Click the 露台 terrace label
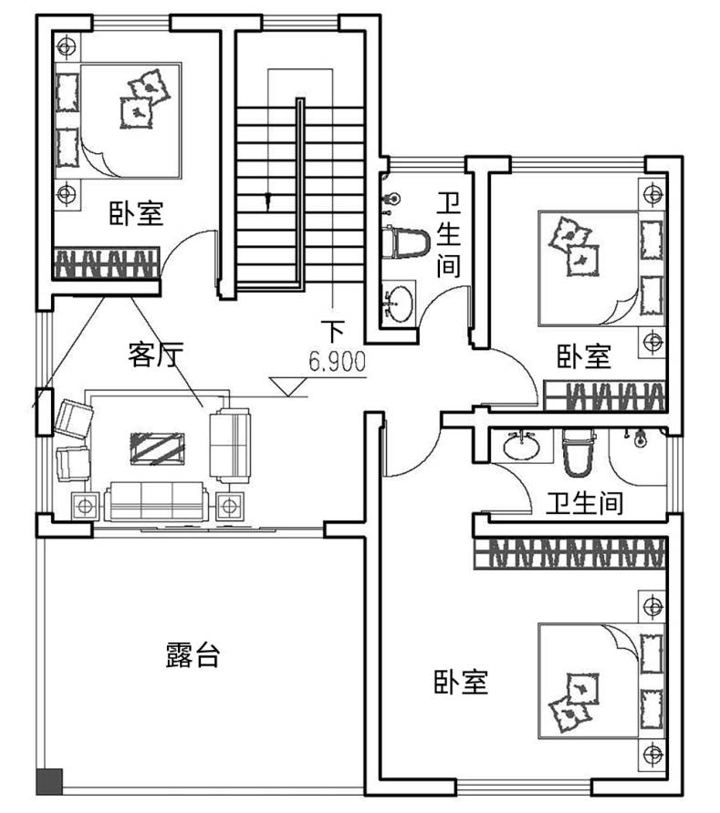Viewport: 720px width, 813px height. [193, 654]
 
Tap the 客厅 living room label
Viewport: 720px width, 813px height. [156, 355]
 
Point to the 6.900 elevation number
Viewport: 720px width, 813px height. [338, 361]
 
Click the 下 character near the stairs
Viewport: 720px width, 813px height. [333, 332]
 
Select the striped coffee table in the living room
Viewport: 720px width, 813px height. [157, 448]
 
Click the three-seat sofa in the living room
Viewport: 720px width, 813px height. [157, 501]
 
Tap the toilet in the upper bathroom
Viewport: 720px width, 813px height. [405, 242]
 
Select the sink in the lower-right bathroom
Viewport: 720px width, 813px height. [522, 446]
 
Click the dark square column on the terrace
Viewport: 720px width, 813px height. [50, 781]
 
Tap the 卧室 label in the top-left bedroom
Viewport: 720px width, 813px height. [137, 213]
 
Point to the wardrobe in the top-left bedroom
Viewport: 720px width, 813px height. [107, 262]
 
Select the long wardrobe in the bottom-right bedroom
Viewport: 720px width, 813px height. [570, 552]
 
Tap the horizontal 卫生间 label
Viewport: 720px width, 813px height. [585, 503]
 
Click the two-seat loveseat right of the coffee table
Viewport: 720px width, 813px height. [230, 446]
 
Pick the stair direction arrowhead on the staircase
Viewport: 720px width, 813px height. [268, 200]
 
